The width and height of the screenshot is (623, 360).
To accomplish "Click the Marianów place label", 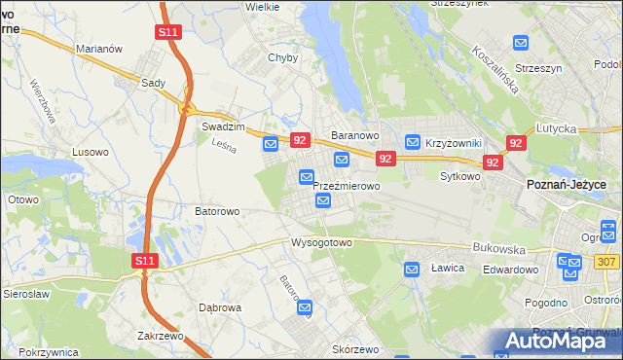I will pos(97,48).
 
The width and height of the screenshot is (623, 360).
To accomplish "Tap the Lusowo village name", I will pos(92,153).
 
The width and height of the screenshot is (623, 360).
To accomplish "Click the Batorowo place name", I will pos(218,210).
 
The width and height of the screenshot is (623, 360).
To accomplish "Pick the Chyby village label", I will pos(282,57).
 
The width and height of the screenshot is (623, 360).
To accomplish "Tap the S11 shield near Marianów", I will pos(167,32).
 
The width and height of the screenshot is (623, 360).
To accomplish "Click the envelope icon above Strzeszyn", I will pos(521,43).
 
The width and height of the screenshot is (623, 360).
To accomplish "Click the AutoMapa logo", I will pos(559,341).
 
